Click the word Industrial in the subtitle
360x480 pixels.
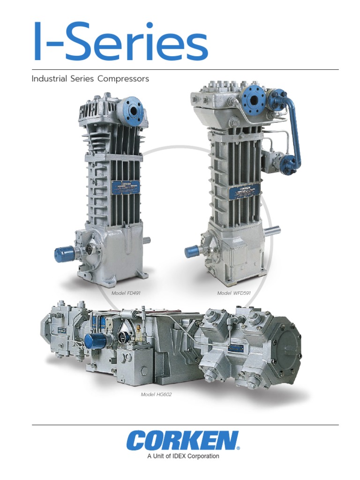[x=49, y=79]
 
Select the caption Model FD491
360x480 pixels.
[x=126, y=293]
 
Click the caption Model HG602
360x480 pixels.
[x=156, y=395]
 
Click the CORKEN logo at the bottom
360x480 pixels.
[x=182, y=442]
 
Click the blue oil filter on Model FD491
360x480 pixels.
[x=63, y=254]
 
